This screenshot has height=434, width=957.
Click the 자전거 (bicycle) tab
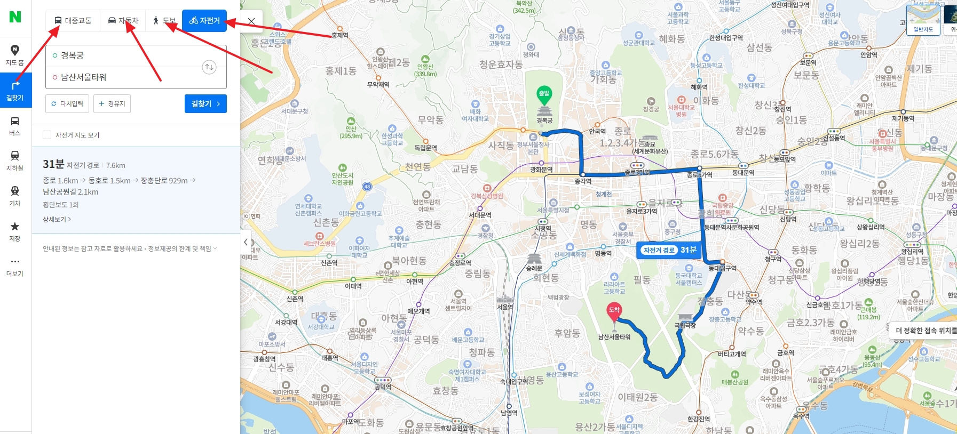pyautogui.click(x=204, y=21)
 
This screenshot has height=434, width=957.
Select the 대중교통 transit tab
pyautogui.click(x=73, y=21)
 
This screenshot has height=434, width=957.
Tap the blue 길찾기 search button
pyautogui.click(x=205, y=103)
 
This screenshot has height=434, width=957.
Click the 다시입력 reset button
pyautogui.click(x=67, y=103)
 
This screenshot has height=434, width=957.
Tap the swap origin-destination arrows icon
pyautogui.click(x=209, y=67)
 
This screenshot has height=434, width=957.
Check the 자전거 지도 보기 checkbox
pyautogui.click(x=47, y=135)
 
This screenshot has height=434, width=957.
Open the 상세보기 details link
pyautogui.click(x=57, y=219)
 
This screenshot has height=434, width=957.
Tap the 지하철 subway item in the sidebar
pyautogui.click(x=15, y=160)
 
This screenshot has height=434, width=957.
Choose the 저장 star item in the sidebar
pyautogui.click(x=15, y=230)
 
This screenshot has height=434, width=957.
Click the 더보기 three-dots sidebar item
pyautogui.click(x=15, y=266)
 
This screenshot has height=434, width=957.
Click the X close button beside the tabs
pyautogui.click(x=251, y=21)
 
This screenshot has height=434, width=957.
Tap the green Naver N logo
pyautogui.click(x=15, y=17)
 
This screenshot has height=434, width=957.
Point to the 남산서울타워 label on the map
pyautogui.click(x=614, y=337)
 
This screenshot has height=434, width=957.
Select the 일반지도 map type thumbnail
pyautogui.click(x=923, y=20)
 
